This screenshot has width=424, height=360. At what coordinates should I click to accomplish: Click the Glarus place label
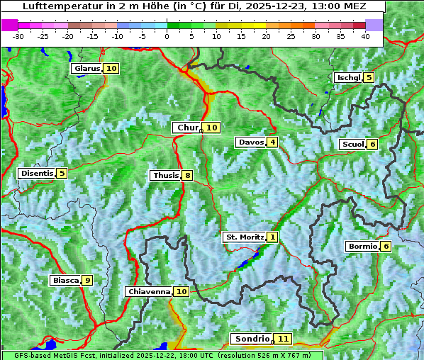point(87,69)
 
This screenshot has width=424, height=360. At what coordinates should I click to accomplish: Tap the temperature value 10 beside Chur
point(213,128)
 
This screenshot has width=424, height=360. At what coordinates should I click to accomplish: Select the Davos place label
point(250,142)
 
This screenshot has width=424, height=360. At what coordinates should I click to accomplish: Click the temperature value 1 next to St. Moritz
point(273,237)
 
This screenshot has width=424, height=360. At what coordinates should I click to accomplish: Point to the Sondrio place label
point(252,339)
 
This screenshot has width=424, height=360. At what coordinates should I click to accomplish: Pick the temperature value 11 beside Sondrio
point(284,339)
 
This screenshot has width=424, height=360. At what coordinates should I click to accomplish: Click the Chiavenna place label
point(149,291)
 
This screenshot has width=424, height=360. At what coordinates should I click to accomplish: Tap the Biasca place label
point(65,280)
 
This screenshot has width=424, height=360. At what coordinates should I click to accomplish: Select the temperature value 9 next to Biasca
point(87,280)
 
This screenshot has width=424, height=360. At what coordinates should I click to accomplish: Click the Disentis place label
point(36,173)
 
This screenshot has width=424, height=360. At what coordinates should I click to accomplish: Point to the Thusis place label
point(165,175)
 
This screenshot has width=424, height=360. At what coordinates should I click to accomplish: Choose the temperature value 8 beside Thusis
point(187,175)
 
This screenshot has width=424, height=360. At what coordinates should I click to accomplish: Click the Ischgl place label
point(348,77)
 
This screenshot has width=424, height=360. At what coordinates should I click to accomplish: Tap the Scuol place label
point(352,144)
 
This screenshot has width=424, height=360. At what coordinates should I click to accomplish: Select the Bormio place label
point(362,247)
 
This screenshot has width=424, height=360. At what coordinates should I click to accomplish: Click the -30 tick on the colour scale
point(18,35)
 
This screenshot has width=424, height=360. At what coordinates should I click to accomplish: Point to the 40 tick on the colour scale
point(365,35)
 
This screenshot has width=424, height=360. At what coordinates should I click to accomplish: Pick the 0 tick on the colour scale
point(167,35)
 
